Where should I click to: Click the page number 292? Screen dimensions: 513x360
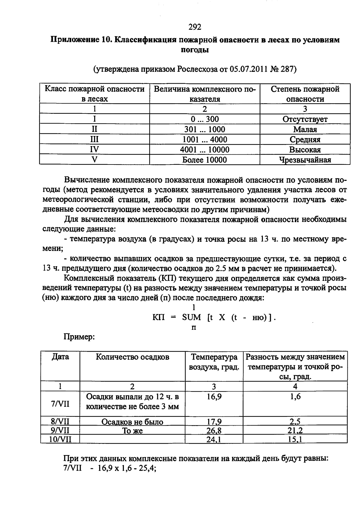pyautogui.click(x=195, y=27)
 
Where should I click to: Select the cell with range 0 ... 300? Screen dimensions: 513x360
pyautogui.click(x=205, y=119)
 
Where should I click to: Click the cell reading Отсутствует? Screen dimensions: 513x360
pyautogui.click(x=305, y=119)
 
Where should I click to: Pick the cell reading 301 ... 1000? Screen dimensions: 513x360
pyautogui.click(x=205, y=129)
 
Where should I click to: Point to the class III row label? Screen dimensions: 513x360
pyautogui.click(x=94, y=139)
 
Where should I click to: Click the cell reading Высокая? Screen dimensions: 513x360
pyautogui.click(x=305, y=149)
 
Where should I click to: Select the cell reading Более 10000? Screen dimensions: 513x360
pyautogui.click(x=205, y=160)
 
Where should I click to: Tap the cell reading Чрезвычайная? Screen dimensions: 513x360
pyautogui.click(x=305, y=160)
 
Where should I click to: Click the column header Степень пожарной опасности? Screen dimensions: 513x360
pyautogui.click(x=305, y=94)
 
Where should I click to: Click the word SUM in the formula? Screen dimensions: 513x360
pyautogui.click(x=191, y=317)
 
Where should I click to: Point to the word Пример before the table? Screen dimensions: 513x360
pyautogui.click(x=79, y=337)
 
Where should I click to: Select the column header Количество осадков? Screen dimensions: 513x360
pyautogui.click(x=132, y=357)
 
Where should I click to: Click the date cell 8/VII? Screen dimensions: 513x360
pyautogui.click(x=60, y=421)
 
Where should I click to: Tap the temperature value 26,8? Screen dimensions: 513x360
pyautogui.click(x=214, y=431)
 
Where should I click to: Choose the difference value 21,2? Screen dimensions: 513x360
pyautogui.click(x=295, y=431)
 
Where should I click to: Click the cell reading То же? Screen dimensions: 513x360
pyautogui.click(x=132, y=431)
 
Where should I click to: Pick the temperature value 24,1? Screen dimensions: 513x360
pyautogui.click(x=214, y=439)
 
